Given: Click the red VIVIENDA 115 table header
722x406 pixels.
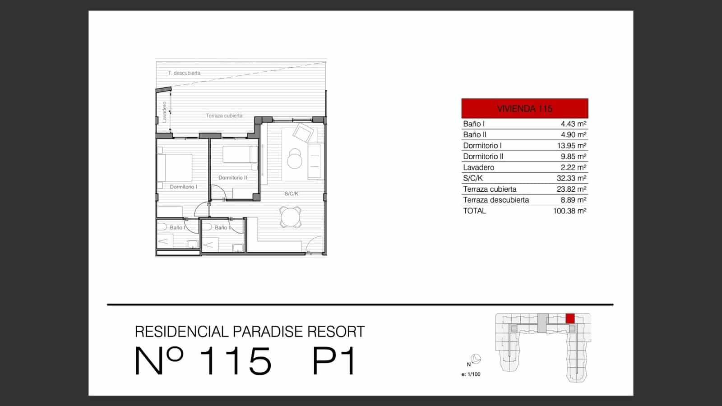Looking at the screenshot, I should (x=524, y=109).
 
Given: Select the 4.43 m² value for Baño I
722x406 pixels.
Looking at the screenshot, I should (x=573, y=124).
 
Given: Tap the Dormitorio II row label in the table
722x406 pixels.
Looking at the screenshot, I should (x=483, y=157).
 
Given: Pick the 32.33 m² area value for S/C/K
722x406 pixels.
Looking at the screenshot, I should (x=571, y=178).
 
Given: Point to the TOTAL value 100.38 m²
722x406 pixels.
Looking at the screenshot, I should (x=569, y=211).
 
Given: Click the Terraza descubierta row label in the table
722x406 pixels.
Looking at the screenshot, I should (x=495, y=200).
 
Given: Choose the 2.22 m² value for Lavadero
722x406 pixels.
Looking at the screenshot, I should (x=573, y=167).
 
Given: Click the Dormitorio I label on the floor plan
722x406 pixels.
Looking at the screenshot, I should (x=183, y=187).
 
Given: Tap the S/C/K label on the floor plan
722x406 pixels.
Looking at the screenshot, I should (x=291, y=194).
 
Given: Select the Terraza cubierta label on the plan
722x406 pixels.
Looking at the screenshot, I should (x=224, y=116).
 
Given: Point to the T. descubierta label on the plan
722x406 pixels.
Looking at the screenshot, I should (x=184, y=73).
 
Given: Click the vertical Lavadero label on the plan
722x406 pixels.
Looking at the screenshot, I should (x=164, y=112).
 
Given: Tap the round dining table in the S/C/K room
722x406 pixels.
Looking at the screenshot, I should (x=290, y=217).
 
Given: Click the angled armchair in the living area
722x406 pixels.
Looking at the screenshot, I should (x=303, y=133).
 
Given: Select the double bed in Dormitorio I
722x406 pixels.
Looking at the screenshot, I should (x=175, y=168).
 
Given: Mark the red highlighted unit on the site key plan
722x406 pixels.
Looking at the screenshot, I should (x=570, y=318).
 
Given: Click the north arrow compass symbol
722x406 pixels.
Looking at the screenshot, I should (x=476, y=360).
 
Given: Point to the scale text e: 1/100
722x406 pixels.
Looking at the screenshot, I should (x=471, y=374).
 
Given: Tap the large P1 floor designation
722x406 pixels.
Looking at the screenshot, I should (x=334, y=361).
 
